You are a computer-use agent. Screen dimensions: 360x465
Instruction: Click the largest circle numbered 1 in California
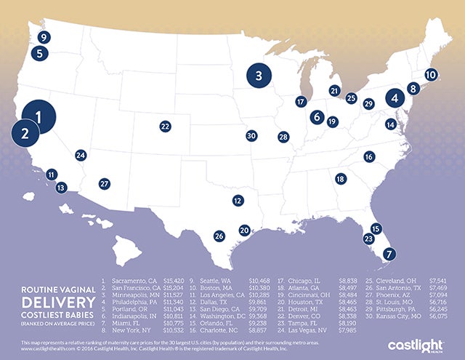39,115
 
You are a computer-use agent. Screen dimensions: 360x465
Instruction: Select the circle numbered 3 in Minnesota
259,73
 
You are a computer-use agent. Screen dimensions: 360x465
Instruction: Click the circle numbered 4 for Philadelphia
395,97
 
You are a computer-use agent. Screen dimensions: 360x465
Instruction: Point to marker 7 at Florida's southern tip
389,254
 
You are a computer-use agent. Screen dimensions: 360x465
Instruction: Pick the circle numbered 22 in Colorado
166,126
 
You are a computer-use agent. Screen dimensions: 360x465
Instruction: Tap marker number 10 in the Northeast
431,74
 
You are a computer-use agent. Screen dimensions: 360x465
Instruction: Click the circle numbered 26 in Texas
219,236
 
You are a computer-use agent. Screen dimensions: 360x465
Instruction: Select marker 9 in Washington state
44,37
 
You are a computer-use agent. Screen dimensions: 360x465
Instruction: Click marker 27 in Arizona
105,183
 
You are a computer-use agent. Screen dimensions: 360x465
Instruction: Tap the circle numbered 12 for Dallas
237,200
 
